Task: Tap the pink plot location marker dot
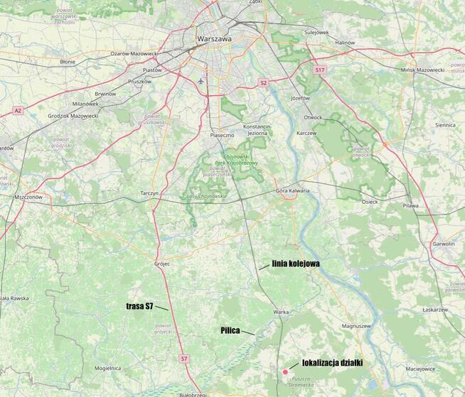285,371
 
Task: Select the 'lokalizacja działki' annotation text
333,363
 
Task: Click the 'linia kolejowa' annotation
295,263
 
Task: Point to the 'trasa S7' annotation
139,305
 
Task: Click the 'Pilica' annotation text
229,330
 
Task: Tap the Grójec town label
162,263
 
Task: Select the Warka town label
280,312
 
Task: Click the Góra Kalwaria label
293,192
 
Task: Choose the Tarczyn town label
149,193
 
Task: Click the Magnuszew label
357,325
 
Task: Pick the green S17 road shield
320,70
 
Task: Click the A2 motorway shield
18,110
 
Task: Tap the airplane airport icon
201,80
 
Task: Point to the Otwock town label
313,117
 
